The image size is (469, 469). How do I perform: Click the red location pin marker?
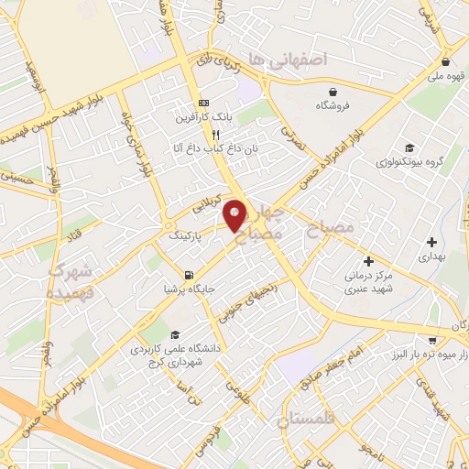tap(235, 215)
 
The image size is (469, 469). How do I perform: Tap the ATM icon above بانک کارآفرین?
tap(203, 104)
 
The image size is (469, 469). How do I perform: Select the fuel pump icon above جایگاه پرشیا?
tap(189, 274)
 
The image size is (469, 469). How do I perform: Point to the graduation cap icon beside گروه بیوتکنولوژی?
tap(409, 147)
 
